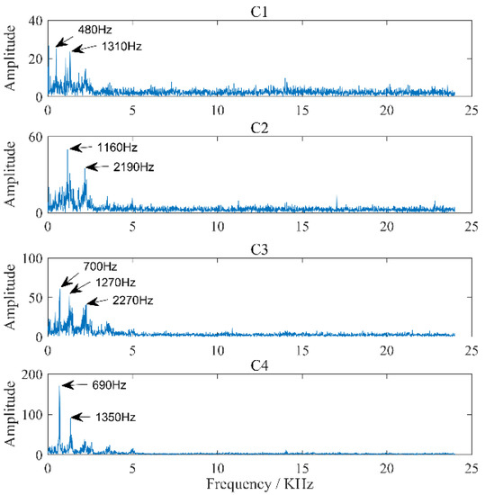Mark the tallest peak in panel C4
click(59, 386)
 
